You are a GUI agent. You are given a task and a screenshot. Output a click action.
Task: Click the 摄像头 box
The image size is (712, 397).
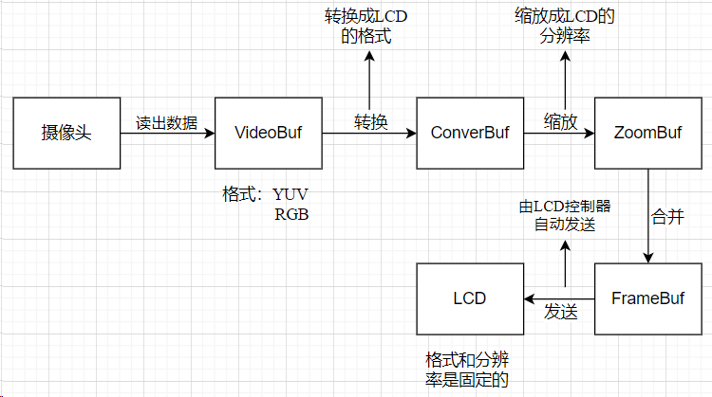click(x=66, y=134)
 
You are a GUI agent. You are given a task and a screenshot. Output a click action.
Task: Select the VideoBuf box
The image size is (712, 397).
click(x=268, y=134)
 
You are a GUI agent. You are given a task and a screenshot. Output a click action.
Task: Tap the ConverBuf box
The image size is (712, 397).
click(x=470, y=134)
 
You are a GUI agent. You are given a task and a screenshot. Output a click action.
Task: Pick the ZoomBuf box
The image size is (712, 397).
click(x=648, y=134)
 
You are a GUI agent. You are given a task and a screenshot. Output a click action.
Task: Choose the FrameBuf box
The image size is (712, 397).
click(x=648, y=298)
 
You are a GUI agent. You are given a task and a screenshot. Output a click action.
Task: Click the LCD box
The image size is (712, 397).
click(x=470, y=298)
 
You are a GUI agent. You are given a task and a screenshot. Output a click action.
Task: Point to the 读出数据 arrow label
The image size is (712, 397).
click(x=166, y=122)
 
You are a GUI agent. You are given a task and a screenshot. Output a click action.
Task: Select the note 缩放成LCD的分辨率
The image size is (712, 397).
click(x=566, y=27)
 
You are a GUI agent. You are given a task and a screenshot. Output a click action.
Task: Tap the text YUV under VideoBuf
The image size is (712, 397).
click(x=290, y=194)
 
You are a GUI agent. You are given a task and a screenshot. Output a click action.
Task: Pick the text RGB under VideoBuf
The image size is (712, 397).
click(x=292, y=214)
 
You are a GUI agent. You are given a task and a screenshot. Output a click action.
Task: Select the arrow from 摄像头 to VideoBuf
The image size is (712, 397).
click(x=168, y=134)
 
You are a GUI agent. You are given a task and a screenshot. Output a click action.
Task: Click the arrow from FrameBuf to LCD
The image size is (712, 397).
click(x=559, y=298)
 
